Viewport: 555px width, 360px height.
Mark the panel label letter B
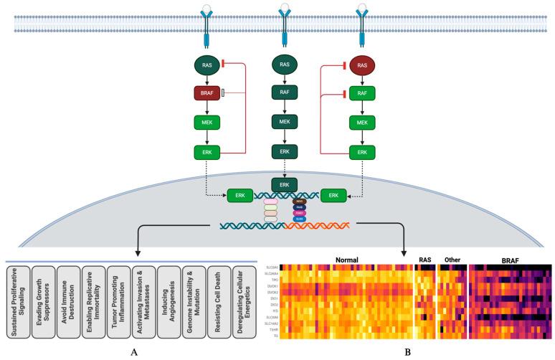(x=409, y=352)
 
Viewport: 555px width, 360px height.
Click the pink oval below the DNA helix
(x=270, y=202)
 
